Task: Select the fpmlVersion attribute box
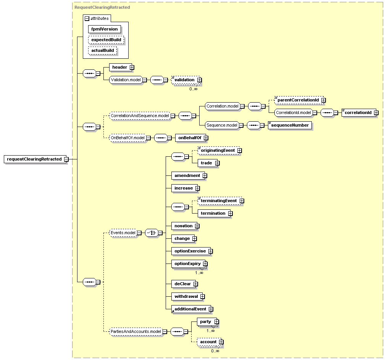pos(105,29)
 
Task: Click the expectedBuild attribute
pos(106,40)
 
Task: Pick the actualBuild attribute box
pos(102,50)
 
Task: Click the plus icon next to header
pos(132,67)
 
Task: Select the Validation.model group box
pos(125,80)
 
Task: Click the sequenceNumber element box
pos(290,125)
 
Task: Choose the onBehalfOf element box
pos(190,138)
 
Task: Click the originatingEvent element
pos(218,150)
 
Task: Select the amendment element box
pos(187,175)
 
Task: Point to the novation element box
pos(184,226)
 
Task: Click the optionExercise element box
pos(190,251)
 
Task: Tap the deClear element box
pos(183,284)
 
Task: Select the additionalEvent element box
pos(190,309)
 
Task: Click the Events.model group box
pos(123,233)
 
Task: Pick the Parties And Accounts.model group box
pos(135,331)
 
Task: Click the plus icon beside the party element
pos(217,322)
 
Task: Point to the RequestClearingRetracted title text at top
pos(102,7)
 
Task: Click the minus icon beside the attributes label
pos(87,18)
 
